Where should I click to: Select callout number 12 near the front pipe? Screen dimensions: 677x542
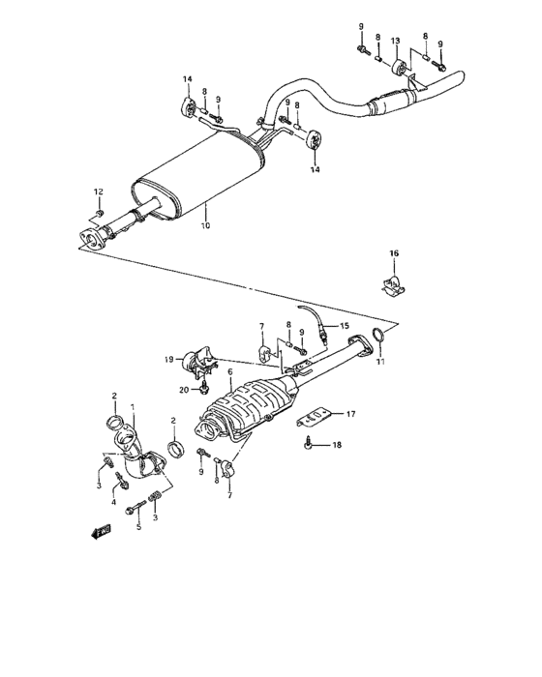point(99,191)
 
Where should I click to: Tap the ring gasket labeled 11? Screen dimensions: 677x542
point(379,337)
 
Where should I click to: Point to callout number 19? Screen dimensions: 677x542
point(168,360)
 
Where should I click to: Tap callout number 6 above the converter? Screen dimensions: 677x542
point(229,370)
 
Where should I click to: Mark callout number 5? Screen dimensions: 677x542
point(137,526)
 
